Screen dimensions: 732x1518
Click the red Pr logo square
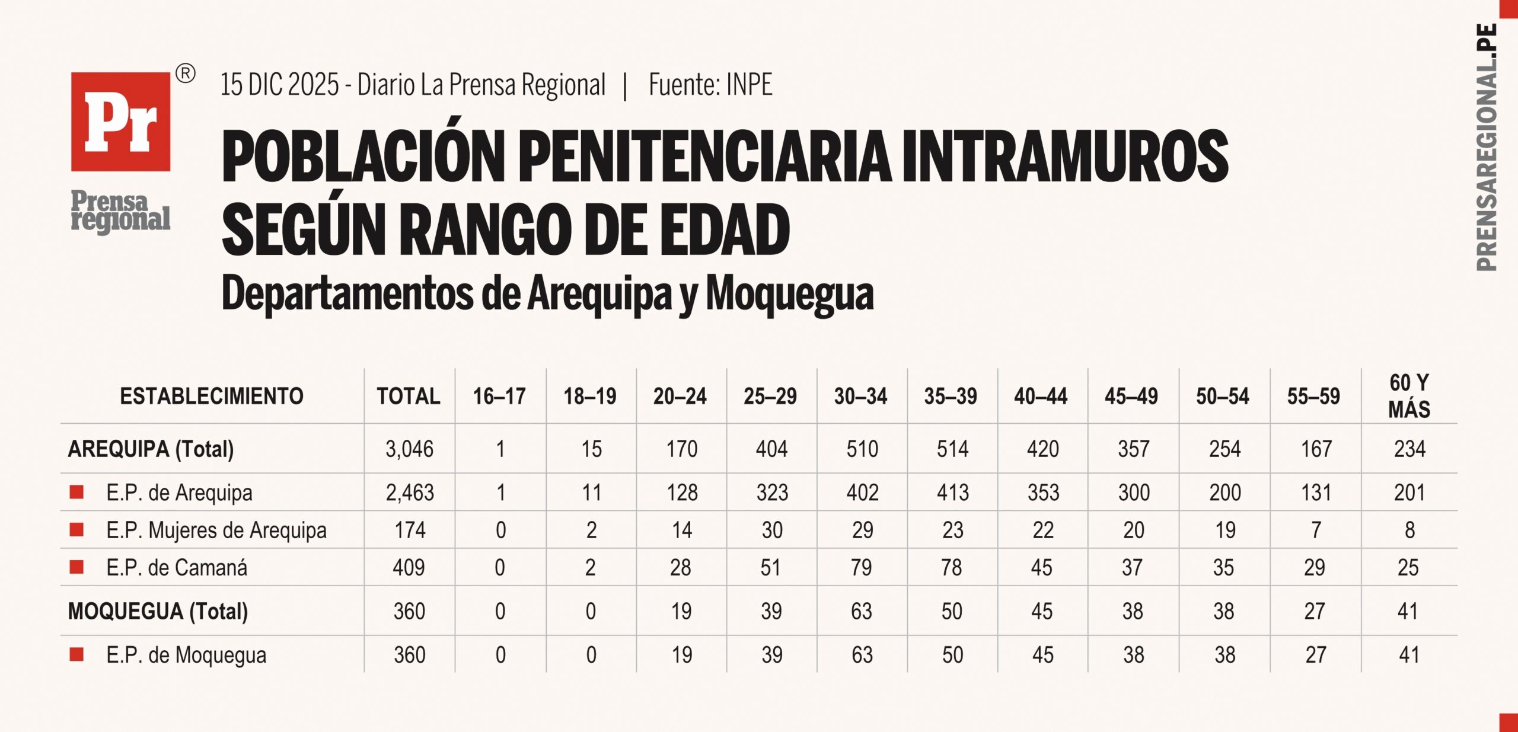tap(120, 122)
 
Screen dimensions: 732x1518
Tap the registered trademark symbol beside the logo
tap(186, 74)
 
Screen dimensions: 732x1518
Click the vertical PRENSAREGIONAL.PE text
tap(1487, 147)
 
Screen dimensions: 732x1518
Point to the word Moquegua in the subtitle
tap(790, 294)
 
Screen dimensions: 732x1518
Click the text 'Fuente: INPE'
tap(710, 85)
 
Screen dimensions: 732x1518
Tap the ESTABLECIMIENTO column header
tap(212, 396)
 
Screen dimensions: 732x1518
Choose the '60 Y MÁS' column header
tap(1409, 396)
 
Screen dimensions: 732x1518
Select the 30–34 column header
tap(860, 397)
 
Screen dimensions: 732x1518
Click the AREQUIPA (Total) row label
tap(151, 449)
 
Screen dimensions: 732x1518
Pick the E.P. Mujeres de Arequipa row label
tap(216, 530)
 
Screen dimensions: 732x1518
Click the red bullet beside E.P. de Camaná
tap(76, 567)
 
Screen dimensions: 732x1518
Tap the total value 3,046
tap(409, 449)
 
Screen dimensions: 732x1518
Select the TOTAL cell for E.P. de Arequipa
tap(410, 493)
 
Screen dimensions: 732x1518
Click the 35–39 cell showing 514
tap(952, 449)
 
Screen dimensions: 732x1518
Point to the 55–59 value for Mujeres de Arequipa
tap(1316, 530)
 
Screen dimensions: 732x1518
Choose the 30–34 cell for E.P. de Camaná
tap(861, 568)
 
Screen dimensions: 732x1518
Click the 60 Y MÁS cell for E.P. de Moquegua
tap(1409, 655)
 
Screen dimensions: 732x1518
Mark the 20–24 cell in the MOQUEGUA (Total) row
tap(681, 611)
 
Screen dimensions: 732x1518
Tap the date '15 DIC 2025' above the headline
tap(279, 85)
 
